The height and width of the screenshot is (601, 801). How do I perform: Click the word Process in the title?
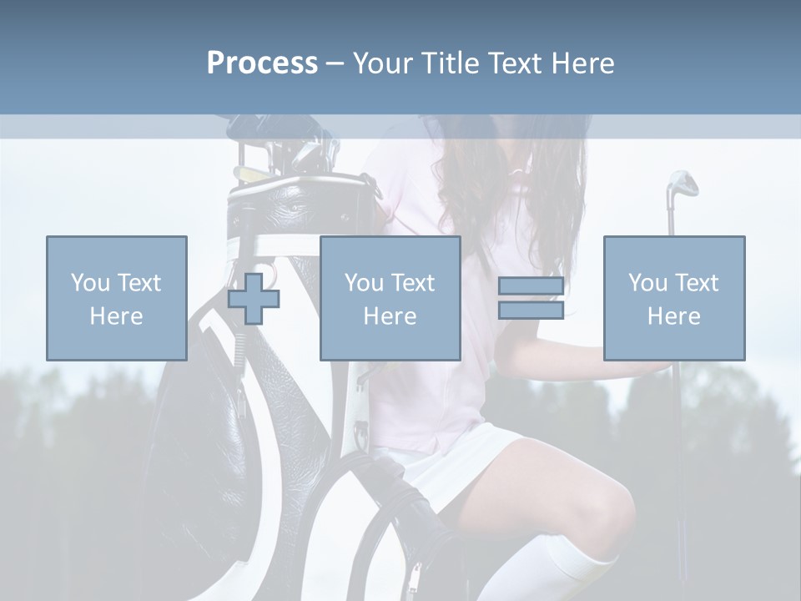262,63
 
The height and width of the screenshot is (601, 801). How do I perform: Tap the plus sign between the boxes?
254,298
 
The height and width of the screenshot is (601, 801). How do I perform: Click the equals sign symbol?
531,298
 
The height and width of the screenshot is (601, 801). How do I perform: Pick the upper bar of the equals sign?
531,285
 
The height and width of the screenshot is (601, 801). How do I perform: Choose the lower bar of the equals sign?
531,311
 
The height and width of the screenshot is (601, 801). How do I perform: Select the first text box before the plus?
116,298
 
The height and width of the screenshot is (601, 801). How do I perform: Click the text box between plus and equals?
390,298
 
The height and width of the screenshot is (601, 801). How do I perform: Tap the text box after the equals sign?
673,298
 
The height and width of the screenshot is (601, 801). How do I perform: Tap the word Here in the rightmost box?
673,316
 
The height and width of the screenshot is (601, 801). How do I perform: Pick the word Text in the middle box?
413,283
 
